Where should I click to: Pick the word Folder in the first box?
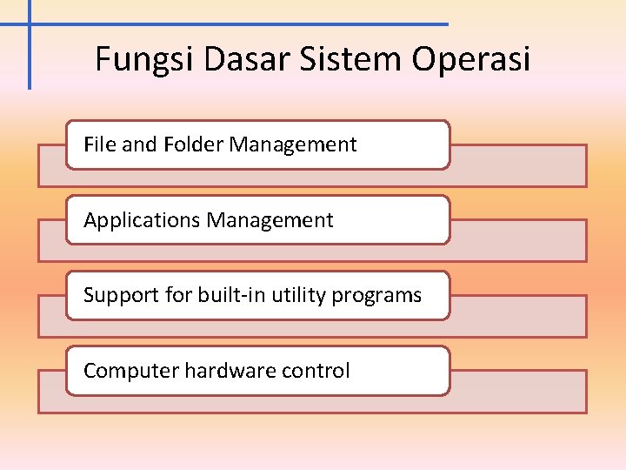click(193, 144)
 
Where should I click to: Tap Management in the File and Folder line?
click(292, 144)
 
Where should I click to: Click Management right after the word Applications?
click(270, 220)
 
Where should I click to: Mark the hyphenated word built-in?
click(232, 295)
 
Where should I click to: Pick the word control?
click(316, 371)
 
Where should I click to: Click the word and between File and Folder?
click(139, 144)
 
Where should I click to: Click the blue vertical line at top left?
click(30, 52)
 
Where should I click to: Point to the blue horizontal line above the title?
click(261, 24)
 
